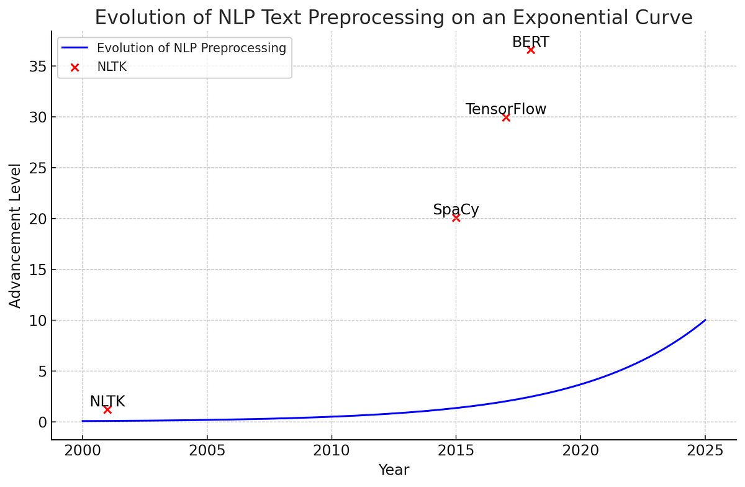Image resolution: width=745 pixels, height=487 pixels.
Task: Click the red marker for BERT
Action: point(531,50)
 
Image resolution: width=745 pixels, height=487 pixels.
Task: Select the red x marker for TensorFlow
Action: point(506,117)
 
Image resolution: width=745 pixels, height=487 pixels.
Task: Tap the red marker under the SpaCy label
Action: point(456,218)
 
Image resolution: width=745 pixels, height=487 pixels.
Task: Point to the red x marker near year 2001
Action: point(107,409)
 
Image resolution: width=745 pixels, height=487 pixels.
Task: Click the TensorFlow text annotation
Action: point(506,109)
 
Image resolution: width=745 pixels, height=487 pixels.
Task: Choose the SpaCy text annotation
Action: point(456,210)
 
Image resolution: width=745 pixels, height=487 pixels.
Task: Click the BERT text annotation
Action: point(531,42)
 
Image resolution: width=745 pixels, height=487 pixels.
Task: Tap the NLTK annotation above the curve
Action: point(107,402)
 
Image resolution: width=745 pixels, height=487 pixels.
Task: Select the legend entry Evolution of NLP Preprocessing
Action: point(191,48)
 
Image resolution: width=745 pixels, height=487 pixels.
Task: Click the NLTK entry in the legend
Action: point(112,67)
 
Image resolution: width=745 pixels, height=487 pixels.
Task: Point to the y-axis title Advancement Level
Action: point(16,235)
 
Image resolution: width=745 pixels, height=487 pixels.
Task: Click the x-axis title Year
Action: point(394,470)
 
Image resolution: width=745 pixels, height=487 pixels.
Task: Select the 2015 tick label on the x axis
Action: point(456,450)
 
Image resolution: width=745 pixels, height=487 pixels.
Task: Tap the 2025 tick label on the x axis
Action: point(705,450)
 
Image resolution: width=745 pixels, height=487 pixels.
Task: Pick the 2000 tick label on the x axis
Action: point(82,450)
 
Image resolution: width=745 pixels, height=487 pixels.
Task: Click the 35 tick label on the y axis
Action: point(38,66)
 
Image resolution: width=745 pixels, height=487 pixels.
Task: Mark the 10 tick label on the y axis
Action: point(38,321)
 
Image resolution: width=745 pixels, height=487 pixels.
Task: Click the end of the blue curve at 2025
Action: point(705,321)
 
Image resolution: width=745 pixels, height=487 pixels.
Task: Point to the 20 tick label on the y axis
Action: point(38,219)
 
